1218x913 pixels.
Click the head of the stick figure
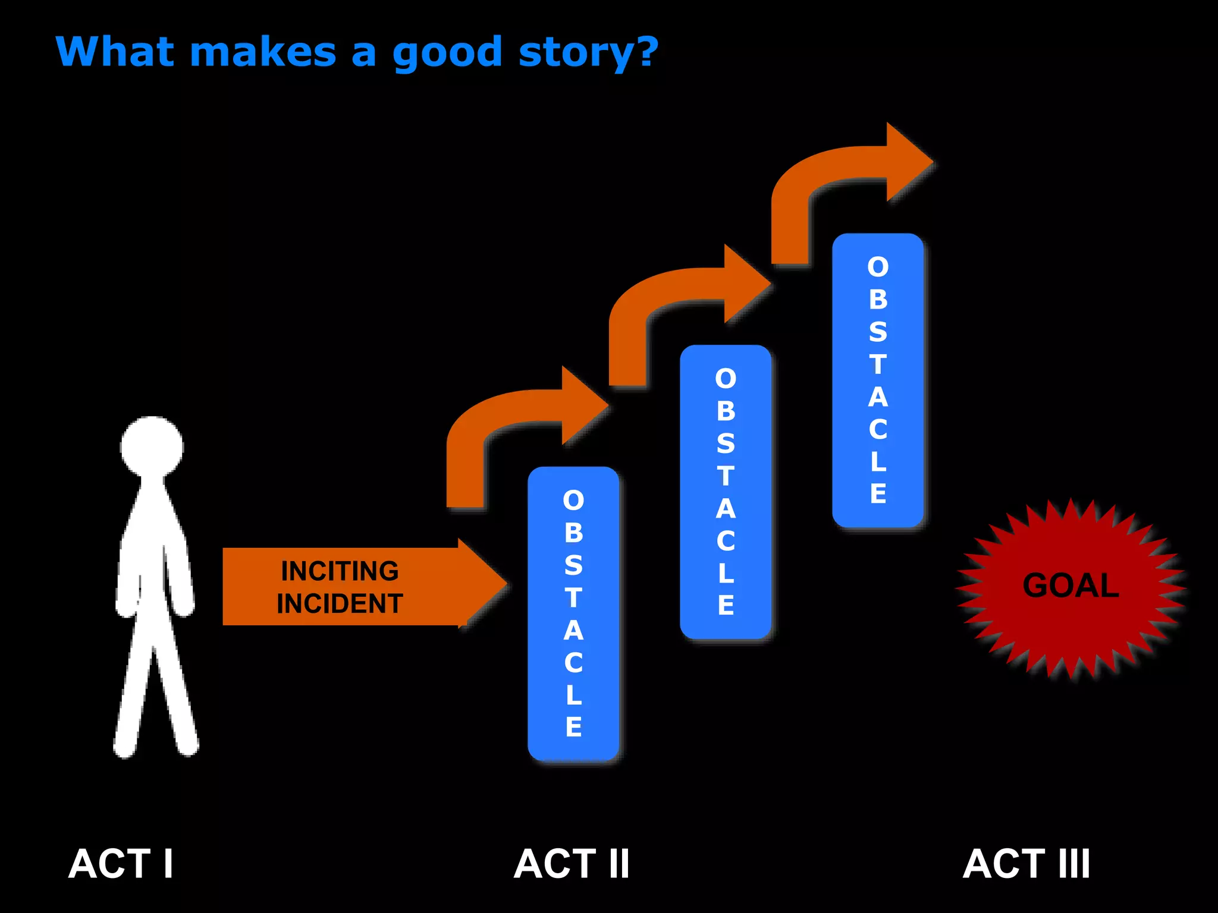(x=152, y=447)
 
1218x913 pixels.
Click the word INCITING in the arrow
(x=340, y=571)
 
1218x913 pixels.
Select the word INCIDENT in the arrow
(x=340, y=604)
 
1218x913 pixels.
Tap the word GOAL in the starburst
(x=1071, y=585)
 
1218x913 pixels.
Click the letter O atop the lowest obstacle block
(x=573, y=500)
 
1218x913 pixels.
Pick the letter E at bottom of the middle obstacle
(x=726, y=606)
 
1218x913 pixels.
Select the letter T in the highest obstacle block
(x=878, y=364)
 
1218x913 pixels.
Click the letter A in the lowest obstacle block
(x=573, y=631)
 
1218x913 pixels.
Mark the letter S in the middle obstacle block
(x=726, y=444)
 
